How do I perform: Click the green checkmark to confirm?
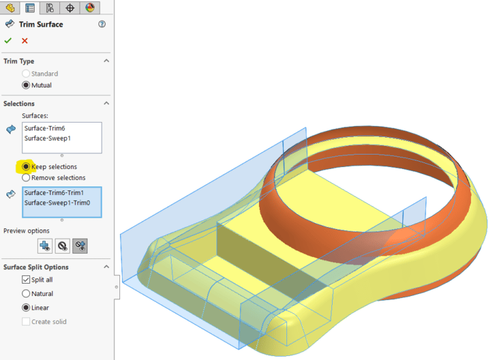click(x=8, y=40)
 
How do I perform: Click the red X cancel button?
click(x=25, y=40)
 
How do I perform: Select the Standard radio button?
click(x=26, y=74)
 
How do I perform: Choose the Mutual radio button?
click(x=26, y=85)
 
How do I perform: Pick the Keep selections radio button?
click(x=26, y=167)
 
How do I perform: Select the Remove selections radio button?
click(x=26, y=177)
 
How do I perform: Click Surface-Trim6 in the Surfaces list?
click(x=45, y=128)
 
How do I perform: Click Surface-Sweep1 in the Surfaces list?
click(x=48, y=138)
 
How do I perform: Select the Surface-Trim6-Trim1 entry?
click(x=54, y=193)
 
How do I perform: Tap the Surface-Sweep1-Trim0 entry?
click(x=57, y=203)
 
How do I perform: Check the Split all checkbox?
click(x=26, y=280)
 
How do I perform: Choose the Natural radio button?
click(x=26, y=293)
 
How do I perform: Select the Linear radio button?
click(x=26, y=308)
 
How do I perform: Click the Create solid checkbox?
click(x=26, y=322)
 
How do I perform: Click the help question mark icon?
click(x=102, y=24)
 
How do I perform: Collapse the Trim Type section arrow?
click(x=106, y=61)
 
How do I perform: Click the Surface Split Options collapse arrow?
click(x=106, y=267)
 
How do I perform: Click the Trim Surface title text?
click(x=41, y=24)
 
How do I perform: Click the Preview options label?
click(x=27, y=231)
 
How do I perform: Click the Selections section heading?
click(x=19, y=103)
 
